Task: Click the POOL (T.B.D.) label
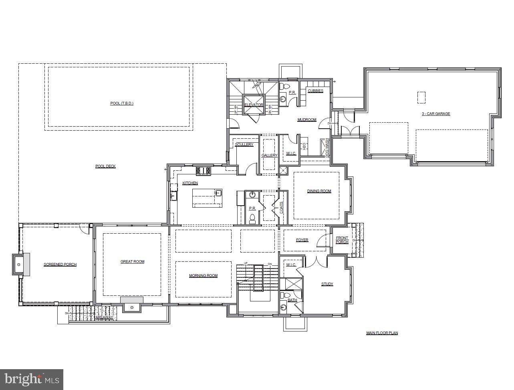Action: pyautogui.click(x=122, y=103)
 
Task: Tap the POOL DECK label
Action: pyautogui.click(x=105, y=166)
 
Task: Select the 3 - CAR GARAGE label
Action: pyautogui.click(x=436, y=114)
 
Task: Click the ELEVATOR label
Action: pyautogui.click(x=254, y=105)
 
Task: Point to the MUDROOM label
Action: pyautogui.click(x=307, y=120)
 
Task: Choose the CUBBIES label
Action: pyautogui.click(x=315, y=91)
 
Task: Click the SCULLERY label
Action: pyautogui.click(x=244, y=145)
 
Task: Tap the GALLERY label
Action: pyautogui.click(x=269, y=156)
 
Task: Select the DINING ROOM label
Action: pyautogui.click(x=319, y=191)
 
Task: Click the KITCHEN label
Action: pyautogui.click(x=190, y=183)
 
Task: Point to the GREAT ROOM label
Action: pyautogui.click(x=132, y=262)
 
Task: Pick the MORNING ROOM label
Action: pyautogui.click(x=203, y=276)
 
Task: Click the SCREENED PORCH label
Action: pyautogui.click(x=60, y=265)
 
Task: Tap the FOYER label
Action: pyautogui.click(x=302, y=240)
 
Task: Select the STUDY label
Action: pyautogui.click(x=327, y=284)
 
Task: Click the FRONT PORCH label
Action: pyautogui.click(x=342, y=240)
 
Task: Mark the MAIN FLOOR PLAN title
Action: pyautogui.click(x=382, y=333)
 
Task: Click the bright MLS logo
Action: pyautogui.click(x=32, y=379)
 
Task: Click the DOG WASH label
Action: pyautogui.click(x=327, y=148)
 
